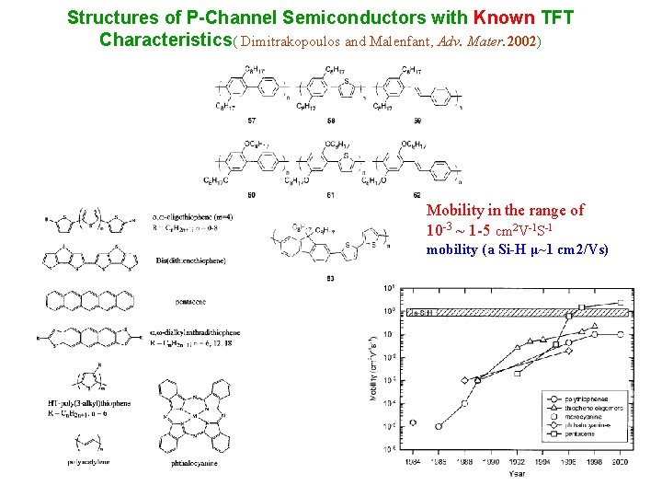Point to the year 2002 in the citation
point(520,41)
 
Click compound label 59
point(417,121)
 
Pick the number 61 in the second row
point(332,194)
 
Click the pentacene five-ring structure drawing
point(97,300)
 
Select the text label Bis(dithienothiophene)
point(190,260)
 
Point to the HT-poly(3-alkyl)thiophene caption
point(88,403)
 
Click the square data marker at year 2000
point(622,302)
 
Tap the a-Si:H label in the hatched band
point(424,314)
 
